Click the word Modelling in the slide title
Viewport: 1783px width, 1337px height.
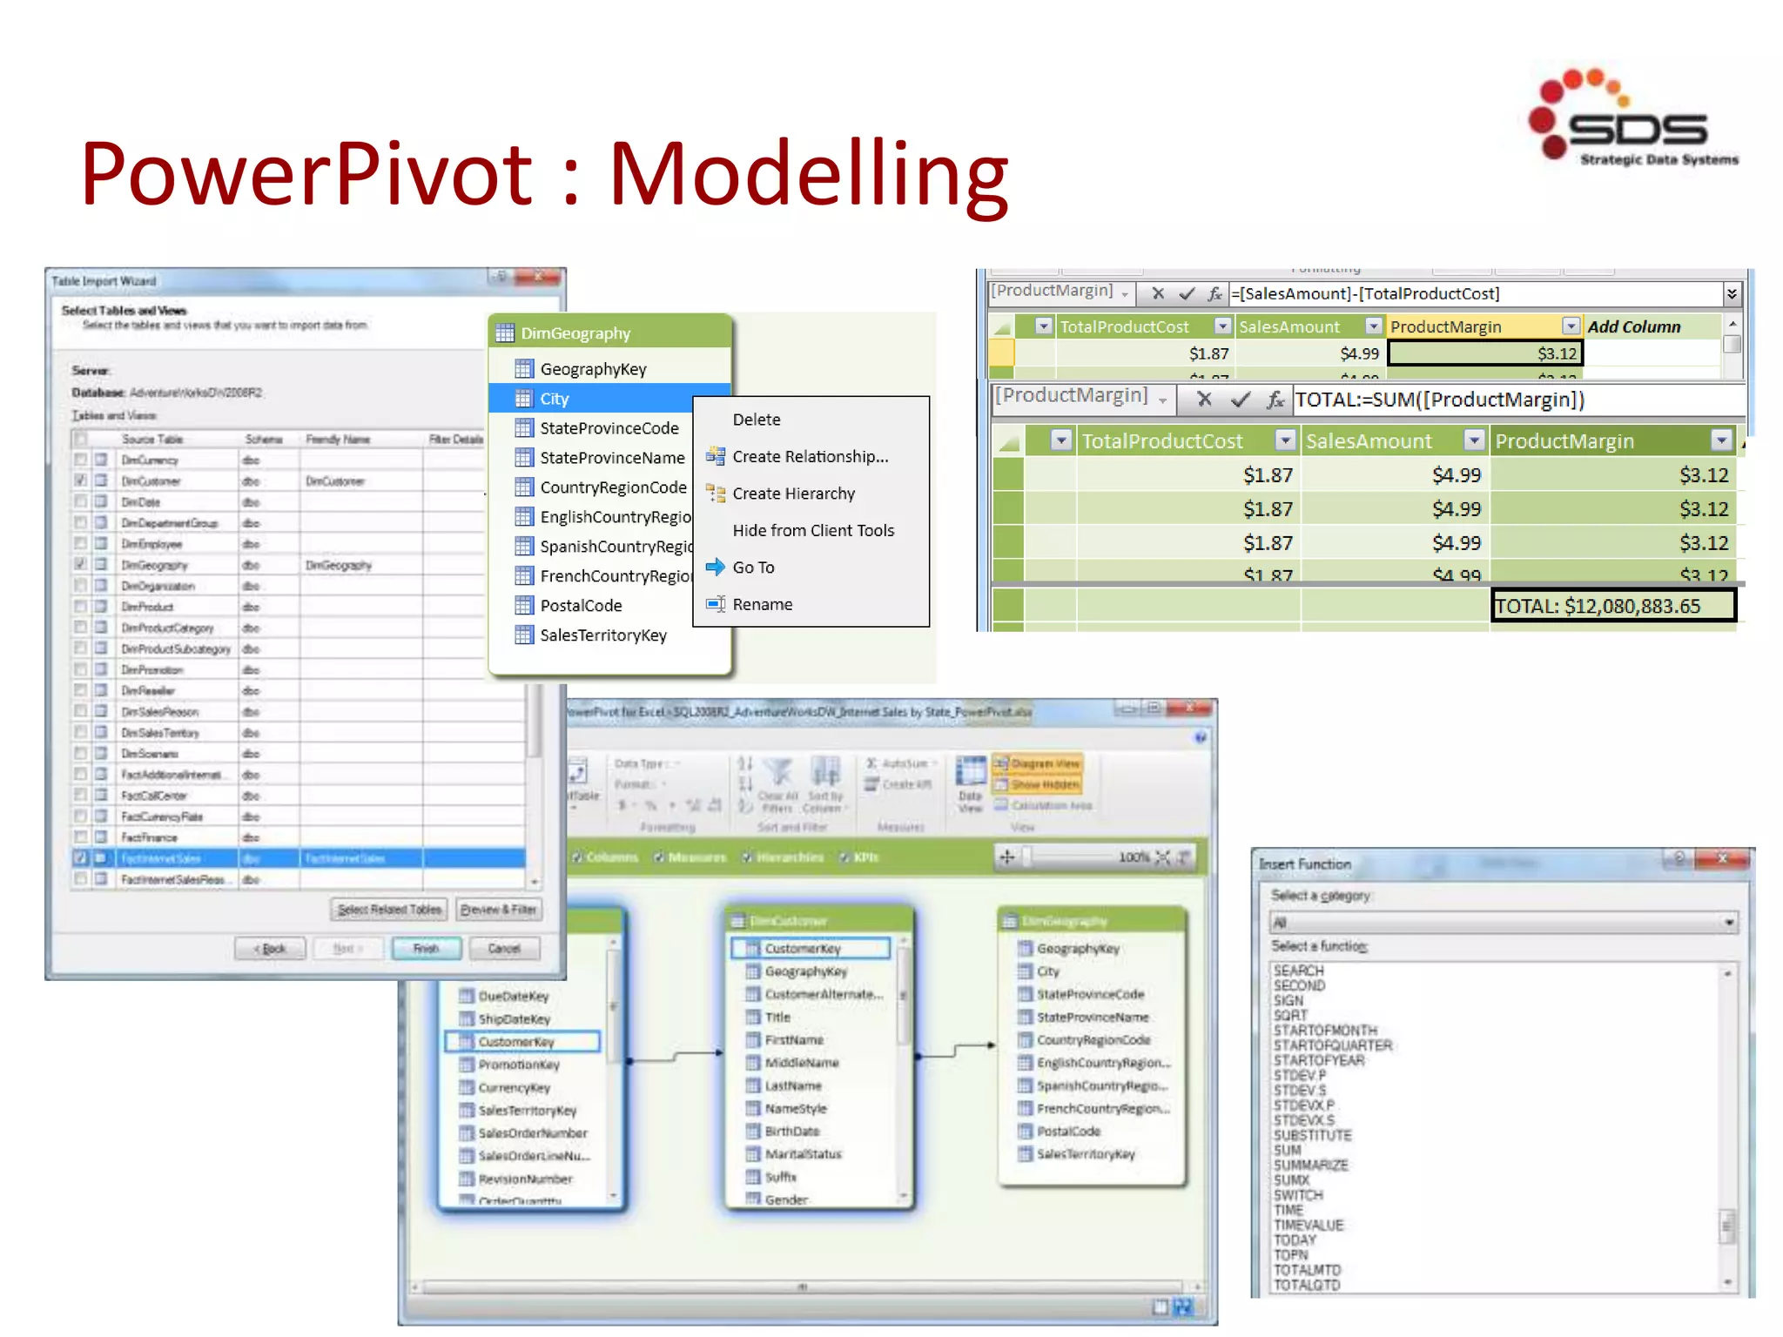[x=808, y=173]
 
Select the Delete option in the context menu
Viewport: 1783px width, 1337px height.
[x=756, y=420]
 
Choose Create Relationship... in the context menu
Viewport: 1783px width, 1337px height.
[x=810, y=457]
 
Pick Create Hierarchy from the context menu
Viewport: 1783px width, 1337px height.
[x=793, y=494]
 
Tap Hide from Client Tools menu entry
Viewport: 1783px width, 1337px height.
[x=812, y=531]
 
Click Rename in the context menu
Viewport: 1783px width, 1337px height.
[x=762, y=605]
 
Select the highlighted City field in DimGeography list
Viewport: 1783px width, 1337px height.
[x=554, y=399]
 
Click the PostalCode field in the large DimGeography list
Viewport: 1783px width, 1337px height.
[x=581, y=606]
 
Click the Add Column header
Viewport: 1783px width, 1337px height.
[x=1633, y=327]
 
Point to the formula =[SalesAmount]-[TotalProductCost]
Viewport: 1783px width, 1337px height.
[x=1365, y=294]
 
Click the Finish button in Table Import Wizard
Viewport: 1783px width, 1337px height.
[x=426, y=949]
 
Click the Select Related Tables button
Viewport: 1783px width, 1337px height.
[x=389, y=910]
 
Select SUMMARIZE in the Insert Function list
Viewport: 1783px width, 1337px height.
[x=1310, y=1166]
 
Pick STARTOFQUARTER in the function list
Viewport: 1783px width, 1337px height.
[x=1333, y=1045]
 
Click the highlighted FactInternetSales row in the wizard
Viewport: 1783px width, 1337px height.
[x=299, y=858]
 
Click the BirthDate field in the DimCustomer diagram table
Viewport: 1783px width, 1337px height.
[x=792, y=1132]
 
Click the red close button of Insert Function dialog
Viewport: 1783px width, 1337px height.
[x=1721, y=859]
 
